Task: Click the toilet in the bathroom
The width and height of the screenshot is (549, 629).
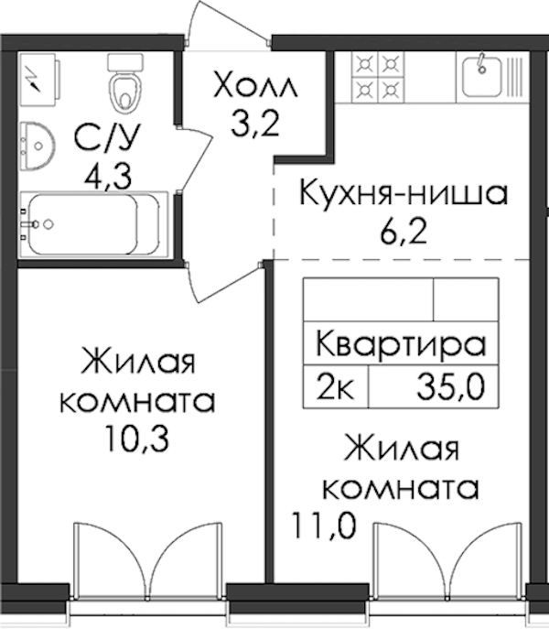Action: click(x=125, y=83)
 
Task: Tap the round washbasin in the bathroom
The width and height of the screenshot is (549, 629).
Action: click(x=38, y=146)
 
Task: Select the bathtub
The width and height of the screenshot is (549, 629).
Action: click(x=93, y=224)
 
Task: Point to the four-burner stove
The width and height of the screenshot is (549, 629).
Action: click(x=378, y=77)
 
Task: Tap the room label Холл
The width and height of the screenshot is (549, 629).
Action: click(x=255, y=84)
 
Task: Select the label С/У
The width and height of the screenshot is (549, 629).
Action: click(x=107, y=137)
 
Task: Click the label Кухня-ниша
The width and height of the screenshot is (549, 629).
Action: click(x=404, y=193)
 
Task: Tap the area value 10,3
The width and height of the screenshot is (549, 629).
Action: click(x=136, y=438)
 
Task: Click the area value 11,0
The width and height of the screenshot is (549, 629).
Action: click(x=324, y=526)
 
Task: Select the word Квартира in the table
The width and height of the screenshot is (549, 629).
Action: click(x=401, y=343)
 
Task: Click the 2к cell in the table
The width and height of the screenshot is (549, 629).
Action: click(x=335, y=386)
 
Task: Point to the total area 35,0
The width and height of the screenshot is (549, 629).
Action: click(x=451, y=386)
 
